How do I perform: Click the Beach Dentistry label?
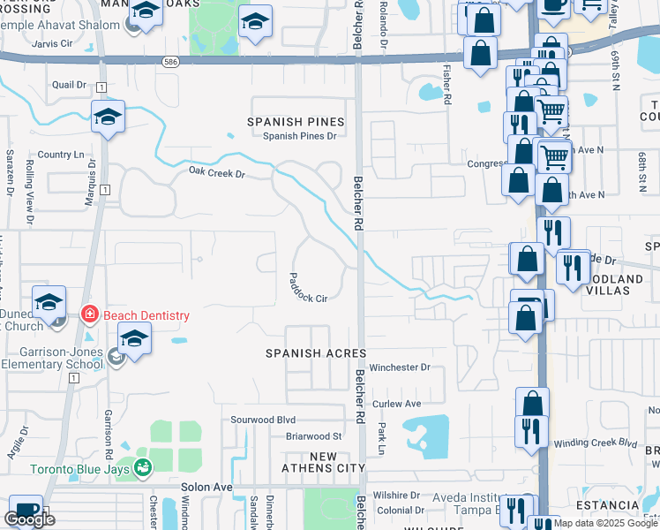click(x=146, y=315)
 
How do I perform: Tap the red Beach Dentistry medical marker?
click(x=89, y=314)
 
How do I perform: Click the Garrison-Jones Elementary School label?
click(x=52, y=356)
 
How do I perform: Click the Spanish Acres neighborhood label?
click(x=316, y=353)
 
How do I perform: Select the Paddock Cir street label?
click(x=307, y=287)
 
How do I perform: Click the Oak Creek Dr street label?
click(x=216, y=173)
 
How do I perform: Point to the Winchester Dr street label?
click(x=400, y=367)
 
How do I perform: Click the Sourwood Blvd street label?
click(x=263, y=420)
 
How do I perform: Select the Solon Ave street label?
click(x=206, y=487)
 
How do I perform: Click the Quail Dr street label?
click(x=69, y=85)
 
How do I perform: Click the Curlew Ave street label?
click(x=396, y=403)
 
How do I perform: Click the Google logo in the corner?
click(x=29, y=519)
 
